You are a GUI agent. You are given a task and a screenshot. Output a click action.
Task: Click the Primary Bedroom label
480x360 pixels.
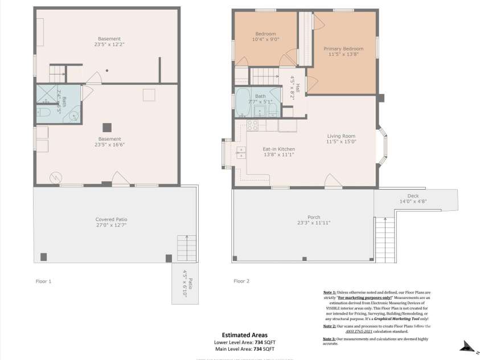343,49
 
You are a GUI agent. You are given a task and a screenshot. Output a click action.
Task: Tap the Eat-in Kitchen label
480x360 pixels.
278,149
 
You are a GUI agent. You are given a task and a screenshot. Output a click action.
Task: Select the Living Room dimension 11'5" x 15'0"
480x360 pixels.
341,142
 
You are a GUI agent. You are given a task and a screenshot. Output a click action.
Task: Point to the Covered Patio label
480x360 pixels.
111,219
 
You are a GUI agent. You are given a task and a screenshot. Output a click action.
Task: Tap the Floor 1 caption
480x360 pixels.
44,281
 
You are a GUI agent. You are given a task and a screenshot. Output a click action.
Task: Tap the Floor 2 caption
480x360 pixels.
242,281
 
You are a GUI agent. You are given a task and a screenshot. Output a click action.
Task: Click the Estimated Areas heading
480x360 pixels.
245,336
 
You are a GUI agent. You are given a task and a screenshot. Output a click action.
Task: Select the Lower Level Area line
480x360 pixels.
245,342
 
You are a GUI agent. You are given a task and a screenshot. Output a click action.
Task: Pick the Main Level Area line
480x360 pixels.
245,349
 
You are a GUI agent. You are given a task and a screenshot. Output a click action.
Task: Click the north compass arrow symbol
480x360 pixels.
468,346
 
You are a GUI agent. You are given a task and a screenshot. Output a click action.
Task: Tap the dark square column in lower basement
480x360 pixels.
106,126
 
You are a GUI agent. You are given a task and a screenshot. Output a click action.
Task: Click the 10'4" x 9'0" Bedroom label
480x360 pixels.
265,36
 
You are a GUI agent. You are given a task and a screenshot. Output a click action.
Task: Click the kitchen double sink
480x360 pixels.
241,152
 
